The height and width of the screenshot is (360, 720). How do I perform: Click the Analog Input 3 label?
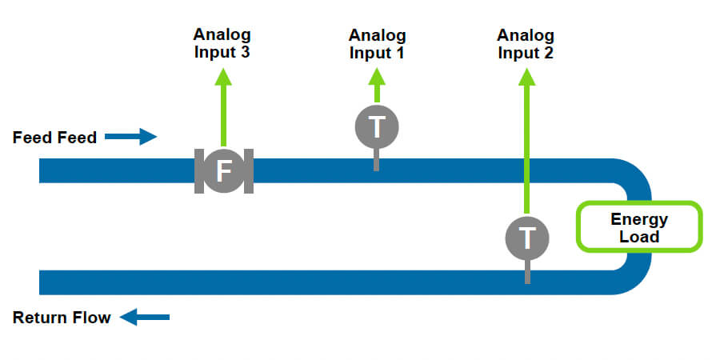pyautogui.click(x=222, y=44)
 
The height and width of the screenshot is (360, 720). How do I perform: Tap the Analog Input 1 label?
pyautogui.click(x=377, y=45)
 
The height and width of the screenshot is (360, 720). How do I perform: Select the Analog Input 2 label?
pyautogui.click(x=526, y=44)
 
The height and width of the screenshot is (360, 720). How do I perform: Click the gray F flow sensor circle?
pyautogui.click(x=223, y=170)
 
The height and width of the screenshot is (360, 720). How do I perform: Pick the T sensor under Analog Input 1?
pyautogui.click(x=376, y=126)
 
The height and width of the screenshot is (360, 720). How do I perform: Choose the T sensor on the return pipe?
pyautogui.click(x=527, y=237)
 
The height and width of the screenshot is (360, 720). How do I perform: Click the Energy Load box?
pyautogui.click(x=639, y=227)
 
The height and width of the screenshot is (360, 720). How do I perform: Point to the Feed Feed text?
pyautogui.click(x=54, y=138)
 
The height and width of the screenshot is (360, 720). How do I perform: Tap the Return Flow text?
pyautogui.click(x=62, y=318)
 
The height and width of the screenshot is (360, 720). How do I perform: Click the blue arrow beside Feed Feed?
pyautogui.click(x=131, y=137)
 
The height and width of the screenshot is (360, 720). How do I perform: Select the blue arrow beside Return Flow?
pyautogui.click(x=145, y=318)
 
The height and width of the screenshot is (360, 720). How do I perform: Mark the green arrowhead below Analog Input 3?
pyautogui.click(x=223, y=77)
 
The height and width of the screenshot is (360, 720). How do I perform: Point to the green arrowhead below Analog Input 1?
pyautogui.click(x=377, y=77)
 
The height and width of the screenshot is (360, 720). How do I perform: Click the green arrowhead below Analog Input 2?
pyautogui.click(x=526, y=77)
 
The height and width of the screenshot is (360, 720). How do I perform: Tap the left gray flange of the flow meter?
pyautogui.click(x=198, y=170)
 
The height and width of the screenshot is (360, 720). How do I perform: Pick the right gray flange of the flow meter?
pyautogui.click(x=248, y=170)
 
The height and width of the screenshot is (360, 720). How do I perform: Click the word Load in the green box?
pyautogui.click(x=639, y=236)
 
